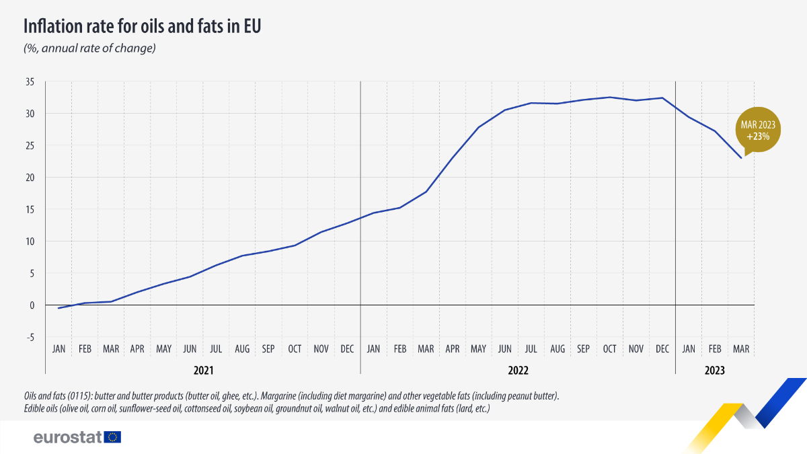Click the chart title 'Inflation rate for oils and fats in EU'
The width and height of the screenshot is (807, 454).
(142, 27)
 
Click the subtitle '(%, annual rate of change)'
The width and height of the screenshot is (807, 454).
(90, 48)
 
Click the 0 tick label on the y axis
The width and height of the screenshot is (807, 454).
(32, 305)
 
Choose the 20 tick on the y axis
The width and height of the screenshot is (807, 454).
(29, 178)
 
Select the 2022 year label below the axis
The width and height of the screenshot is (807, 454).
(518, 371)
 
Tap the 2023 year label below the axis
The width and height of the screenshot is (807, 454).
(715, 371)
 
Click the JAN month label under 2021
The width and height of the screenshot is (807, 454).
(59, 349)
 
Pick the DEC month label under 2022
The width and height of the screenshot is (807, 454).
(662, 349)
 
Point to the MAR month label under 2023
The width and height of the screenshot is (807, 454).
(741, 349)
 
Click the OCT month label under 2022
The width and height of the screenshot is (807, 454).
(609, 349)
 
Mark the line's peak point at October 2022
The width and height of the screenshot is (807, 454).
(610, 98)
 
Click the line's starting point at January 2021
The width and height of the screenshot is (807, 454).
(59, 308)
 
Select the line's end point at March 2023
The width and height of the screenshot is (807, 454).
(741, 158)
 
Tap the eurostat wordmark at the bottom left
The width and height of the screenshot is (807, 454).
(67, 437)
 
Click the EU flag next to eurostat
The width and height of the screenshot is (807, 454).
(113, 437)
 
